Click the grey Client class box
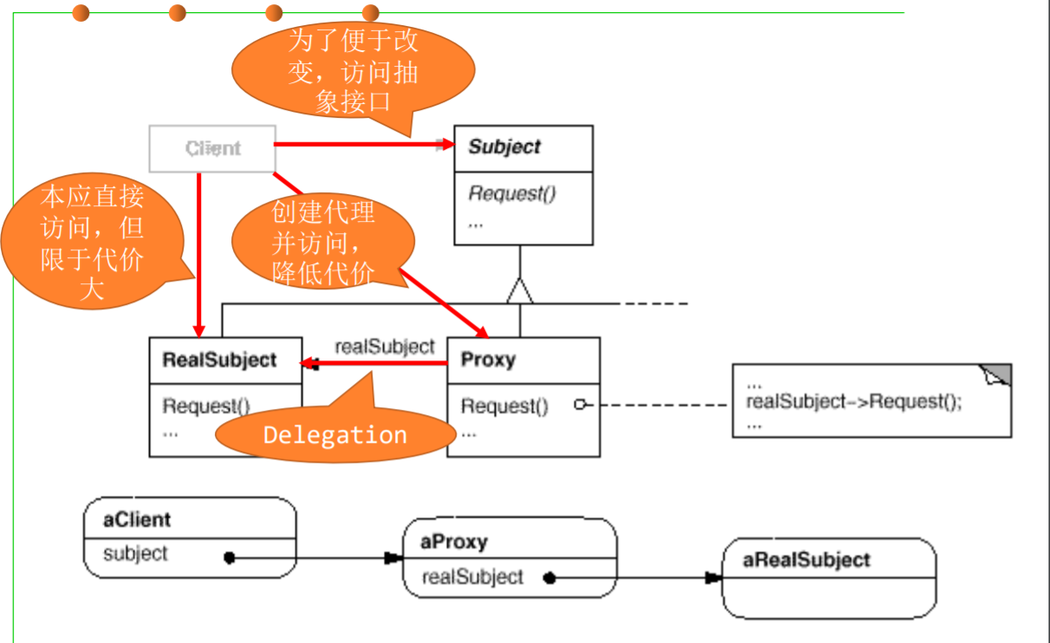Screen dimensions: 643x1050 point(212,149)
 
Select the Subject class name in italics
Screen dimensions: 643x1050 point(504,147)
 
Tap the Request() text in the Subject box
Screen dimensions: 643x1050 point(511,193)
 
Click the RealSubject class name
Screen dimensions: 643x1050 point(219,360)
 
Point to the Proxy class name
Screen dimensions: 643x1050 point(488,360)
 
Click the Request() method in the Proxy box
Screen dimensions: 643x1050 point(504,406)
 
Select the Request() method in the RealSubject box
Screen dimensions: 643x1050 point(206,406)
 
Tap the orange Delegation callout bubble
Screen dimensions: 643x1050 point(335,434)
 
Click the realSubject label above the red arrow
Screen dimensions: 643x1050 point(385,347)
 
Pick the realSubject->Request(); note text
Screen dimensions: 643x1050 point(853,401)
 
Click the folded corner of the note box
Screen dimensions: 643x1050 point(998,374)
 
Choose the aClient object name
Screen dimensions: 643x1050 point(137,520)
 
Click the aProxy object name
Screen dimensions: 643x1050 point(454,542)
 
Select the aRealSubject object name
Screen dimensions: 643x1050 point(806,560)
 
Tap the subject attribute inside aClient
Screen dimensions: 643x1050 point(135,553)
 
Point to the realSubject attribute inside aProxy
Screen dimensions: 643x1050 point(472,576)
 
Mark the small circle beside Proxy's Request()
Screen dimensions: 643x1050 point(580,404)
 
